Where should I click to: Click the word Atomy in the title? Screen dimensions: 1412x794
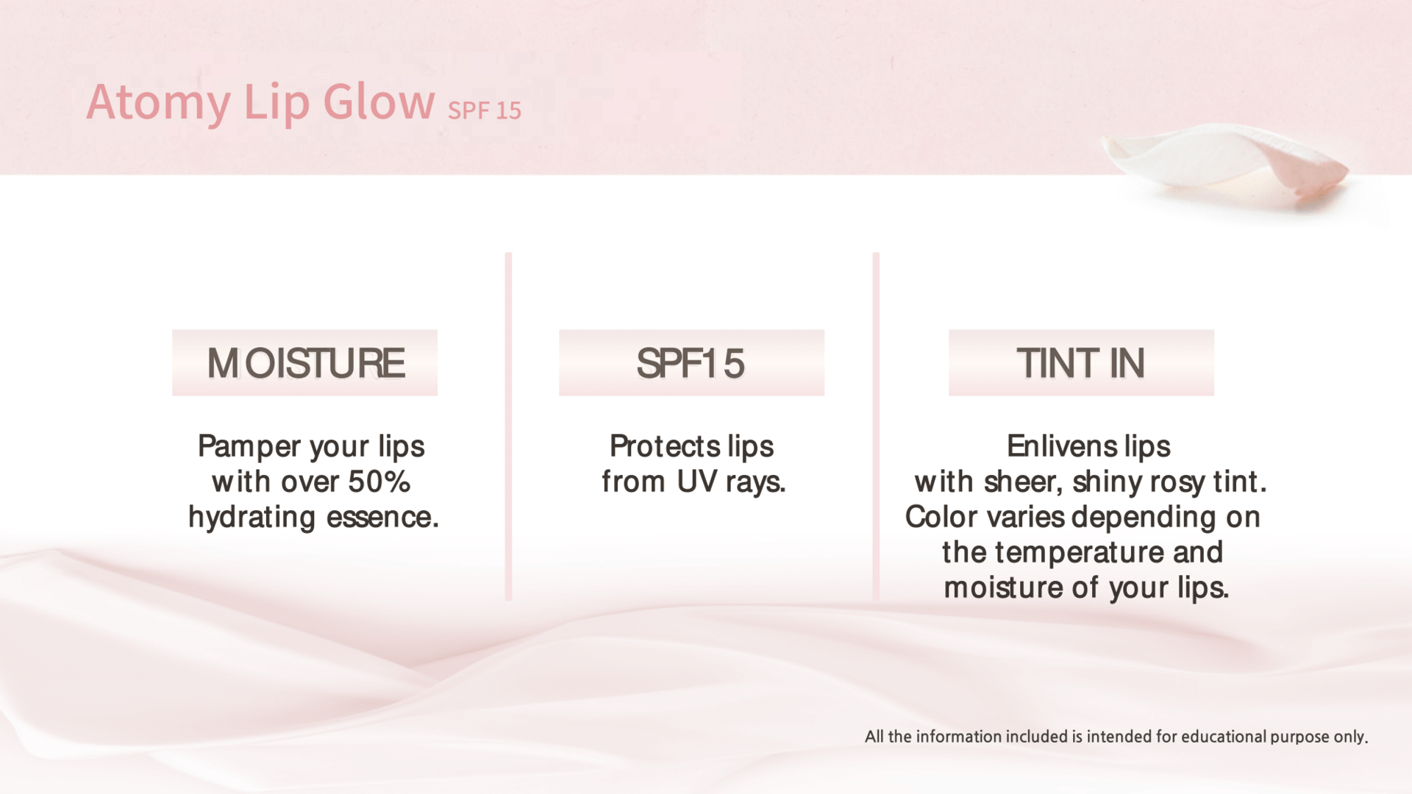point(158,102)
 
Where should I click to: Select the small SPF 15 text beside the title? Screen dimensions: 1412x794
point(484,110)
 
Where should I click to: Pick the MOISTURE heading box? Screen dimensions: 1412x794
point(304,362)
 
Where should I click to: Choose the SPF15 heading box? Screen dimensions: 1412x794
point(691,362)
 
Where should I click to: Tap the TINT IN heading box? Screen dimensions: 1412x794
point(1081,362)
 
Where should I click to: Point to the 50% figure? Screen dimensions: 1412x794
point(379,482)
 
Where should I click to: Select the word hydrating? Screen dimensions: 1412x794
point(252,518)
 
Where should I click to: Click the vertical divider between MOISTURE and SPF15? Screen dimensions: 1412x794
point(508,426)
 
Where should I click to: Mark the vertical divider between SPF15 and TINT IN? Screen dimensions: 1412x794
point(876,426)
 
